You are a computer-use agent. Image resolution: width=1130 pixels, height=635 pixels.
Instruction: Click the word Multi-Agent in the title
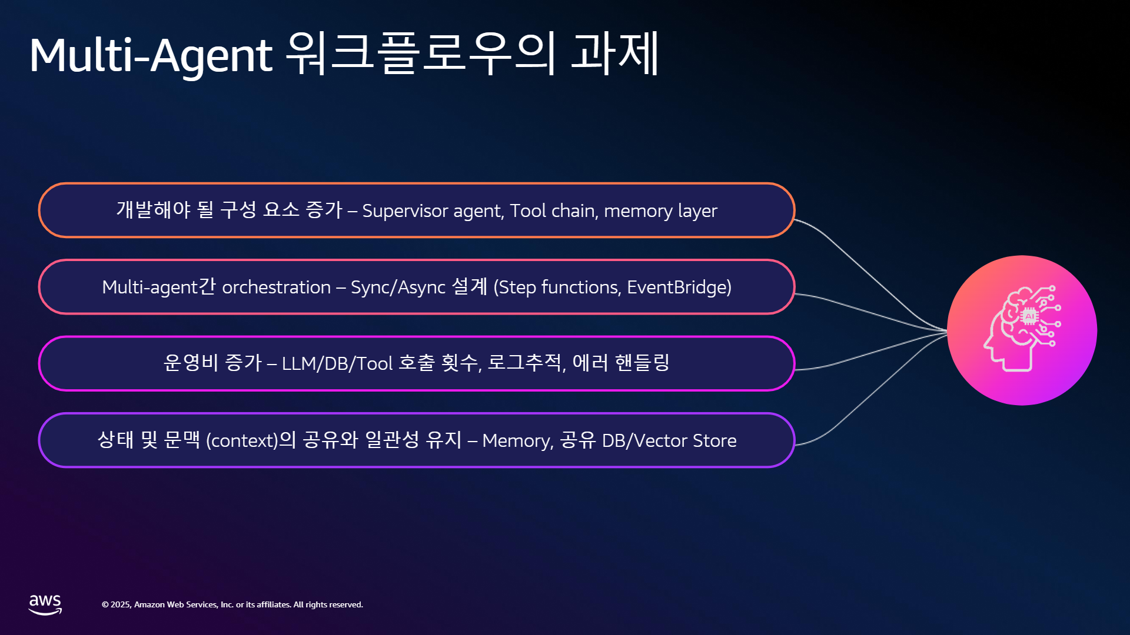click(151, 55)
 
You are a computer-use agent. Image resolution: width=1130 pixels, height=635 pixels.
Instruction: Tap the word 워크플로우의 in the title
click(421, 53)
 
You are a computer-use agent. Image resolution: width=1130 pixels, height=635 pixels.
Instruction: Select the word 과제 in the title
click(615, 53)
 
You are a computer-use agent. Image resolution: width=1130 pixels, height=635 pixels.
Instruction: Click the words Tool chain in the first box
click(554, 210)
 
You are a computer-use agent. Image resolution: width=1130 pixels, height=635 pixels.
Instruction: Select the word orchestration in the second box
click(276, 287)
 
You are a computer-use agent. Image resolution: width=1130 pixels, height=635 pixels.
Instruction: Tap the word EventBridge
click(676, 287)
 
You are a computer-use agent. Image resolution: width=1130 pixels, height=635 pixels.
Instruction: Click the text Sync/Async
click(398, 288)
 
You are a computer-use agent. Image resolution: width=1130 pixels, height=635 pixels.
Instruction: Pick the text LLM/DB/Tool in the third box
click(337, 363)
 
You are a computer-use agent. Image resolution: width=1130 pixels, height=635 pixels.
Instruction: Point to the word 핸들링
click(642, 362)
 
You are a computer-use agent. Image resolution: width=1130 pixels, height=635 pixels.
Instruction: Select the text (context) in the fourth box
click(241, 440)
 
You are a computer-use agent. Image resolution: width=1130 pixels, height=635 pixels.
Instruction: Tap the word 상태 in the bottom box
click(115, 439)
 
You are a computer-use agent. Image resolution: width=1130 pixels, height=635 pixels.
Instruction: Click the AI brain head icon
click(1022, 330)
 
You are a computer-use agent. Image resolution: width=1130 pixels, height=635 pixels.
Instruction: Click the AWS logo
click(45, 604)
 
